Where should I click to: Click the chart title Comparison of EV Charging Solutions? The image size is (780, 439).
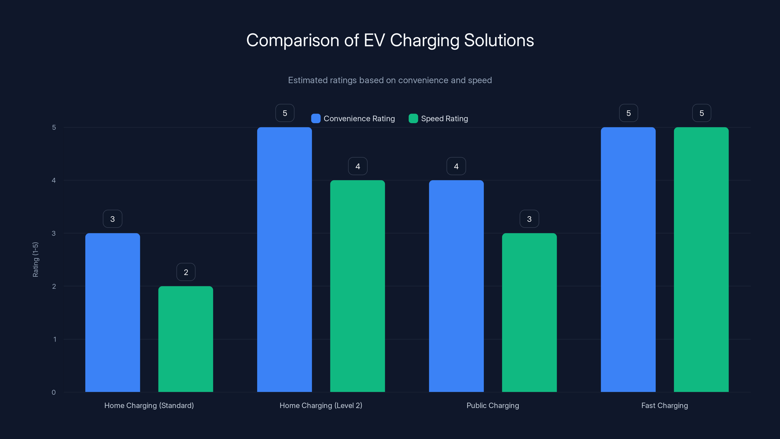pos(390,40)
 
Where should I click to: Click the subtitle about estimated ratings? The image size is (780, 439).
pos(390,80)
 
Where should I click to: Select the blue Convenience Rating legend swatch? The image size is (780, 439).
pos(315,119)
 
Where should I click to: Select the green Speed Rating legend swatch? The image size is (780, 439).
pos(413,119)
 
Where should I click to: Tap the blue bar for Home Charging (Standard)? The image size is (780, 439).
pos(113,312)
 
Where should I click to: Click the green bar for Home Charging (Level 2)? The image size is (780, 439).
pos(357,286)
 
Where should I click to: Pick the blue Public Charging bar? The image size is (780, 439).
pos(456,286)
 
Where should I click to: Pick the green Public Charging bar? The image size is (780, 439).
pos(529,312)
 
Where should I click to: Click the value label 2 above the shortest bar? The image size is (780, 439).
pos(186,272)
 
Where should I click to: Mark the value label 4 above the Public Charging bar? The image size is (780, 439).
pos(456,166)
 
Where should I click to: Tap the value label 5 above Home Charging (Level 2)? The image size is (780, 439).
pos(285,113)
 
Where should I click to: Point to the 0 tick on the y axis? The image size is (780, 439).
pos(54,392)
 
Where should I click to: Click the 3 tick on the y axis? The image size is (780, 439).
pos(54,233)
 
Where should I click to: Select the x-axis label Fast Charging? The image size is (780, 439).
pos(664,405)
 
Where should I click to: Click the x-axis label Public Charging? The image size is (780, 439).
pos(493,405)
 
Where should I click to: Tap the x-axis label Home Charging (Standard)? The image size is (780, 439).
pos(149,405)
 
